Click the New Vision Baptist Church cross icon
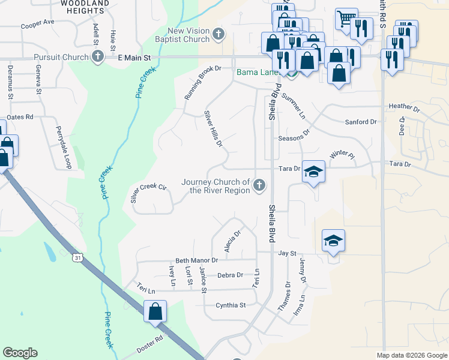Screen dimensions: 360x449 click(218, 35)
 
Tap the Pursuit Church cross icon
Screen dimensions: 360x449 click(97, 57)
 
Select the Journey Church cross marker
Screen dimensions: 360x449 click(259, 185)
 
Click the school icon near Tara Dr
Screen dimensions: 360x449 click(313, 172)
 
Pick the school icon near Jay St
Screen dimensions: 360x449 click(334, 241)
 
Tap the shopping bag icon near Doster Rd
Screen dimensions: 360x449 click(155, 311)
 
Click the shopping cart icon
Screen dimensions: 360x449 click(346, 19)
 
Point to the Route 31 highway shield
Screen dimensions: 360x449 click(78, 257)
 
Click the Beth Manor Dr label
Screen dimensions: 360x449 click(196, 260)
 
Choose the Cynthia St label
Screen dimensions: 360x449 click(231, 305)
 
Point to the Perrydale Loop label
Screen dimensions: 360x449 click(63, 140)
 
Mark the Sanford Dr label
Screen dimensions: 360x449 click(360, 122)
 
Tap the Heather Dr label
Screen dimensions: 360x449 click(404, 107)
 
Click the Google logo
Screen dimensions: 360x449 click(20, 353)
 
